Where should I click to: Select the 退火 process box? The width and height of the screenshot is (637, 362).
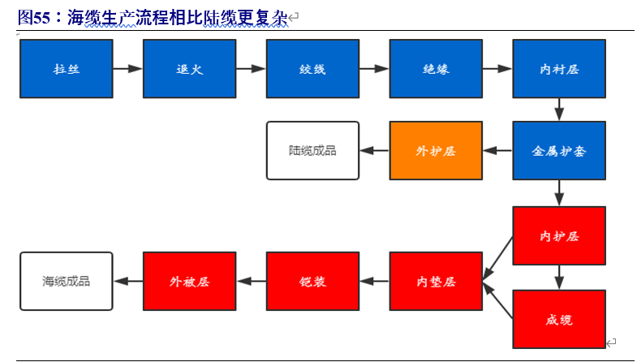[189, 69]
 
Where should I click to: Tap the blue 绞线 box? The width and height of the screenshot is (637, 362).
[312, 69]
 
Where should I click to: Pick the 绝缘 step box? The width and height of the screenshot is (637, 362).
[436, 69]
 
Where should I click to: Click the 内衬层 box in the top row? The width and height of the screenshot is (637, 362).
[559, 69]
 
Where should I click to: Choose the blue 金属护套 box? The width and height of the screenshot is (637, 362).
[559, 151]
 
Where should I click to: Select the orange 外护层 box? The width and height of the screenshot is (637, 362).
[436, 151]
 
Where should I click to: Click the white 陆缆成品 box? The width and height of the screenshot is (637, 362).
[312, 151]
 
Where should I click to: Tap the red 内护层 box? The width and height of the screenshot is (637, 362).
[559, 235]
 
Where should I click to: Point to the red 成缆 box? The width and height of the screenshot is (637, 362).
[559, 319]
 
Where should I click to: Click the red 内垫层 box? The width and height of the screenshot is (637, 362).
[436, 281]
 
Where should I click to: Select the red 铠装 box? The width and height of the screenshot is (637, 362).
[312, 281]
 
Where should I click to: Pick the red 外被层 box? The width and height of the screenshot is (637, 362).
[189, 281]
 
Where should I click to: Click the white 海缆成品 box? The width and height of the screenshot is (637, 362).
[66, 281]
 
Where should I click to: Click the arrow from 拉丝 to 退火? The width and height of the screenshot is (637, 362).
[127, 69]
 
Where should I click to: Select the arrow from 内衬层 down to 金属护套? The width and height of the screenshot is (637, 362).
[559, 110]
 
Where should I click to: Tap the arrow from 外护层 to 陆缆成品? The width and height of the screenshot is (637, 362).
[374, 151]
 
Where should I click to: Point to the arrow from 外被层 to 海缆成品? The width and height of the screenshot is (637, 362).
[127, 281]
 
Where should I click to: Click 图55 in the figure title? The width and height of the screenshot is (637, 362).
[32, 17]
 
